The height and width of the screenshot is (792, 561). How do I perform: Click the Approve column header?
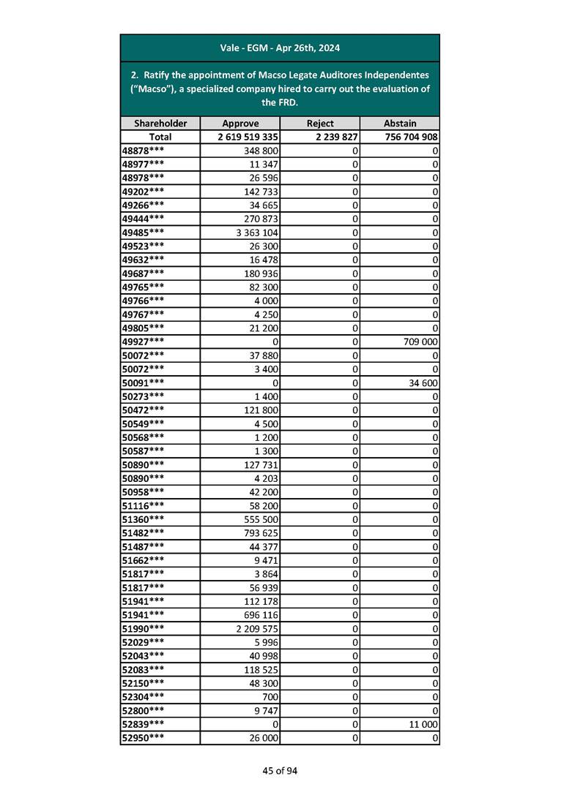point(239,124)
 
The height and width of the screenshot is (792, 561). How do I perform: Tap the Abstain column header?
point(399,124)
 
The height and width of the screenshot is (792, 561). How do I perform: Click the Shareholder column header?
point(160,124)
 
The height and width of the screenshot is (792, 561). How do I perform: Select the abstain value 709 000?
point(418,342)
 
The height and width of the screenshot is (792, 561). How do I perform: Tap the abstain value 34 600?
point(421,382)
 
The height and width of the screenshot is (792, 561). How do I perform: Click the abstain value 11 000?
point(421,724)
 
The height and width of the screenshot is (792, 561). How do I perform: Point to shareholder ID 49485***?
point(143,232)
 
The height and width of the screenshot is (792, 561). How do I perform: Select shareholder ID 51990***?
point(143,628)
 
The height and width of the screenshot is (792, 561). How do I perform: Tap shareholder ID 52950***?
point(143,738)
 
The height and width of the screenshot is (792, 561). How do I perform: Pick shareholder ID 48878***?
point(143,150)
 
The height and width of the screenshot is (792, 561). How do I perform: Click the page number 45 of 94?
point(280,771)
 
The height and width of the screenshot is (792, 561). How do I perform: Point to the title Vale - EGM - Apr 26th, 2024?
point(280,48)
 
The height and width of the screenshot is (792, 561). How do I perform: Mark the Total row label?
point(160,137)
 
